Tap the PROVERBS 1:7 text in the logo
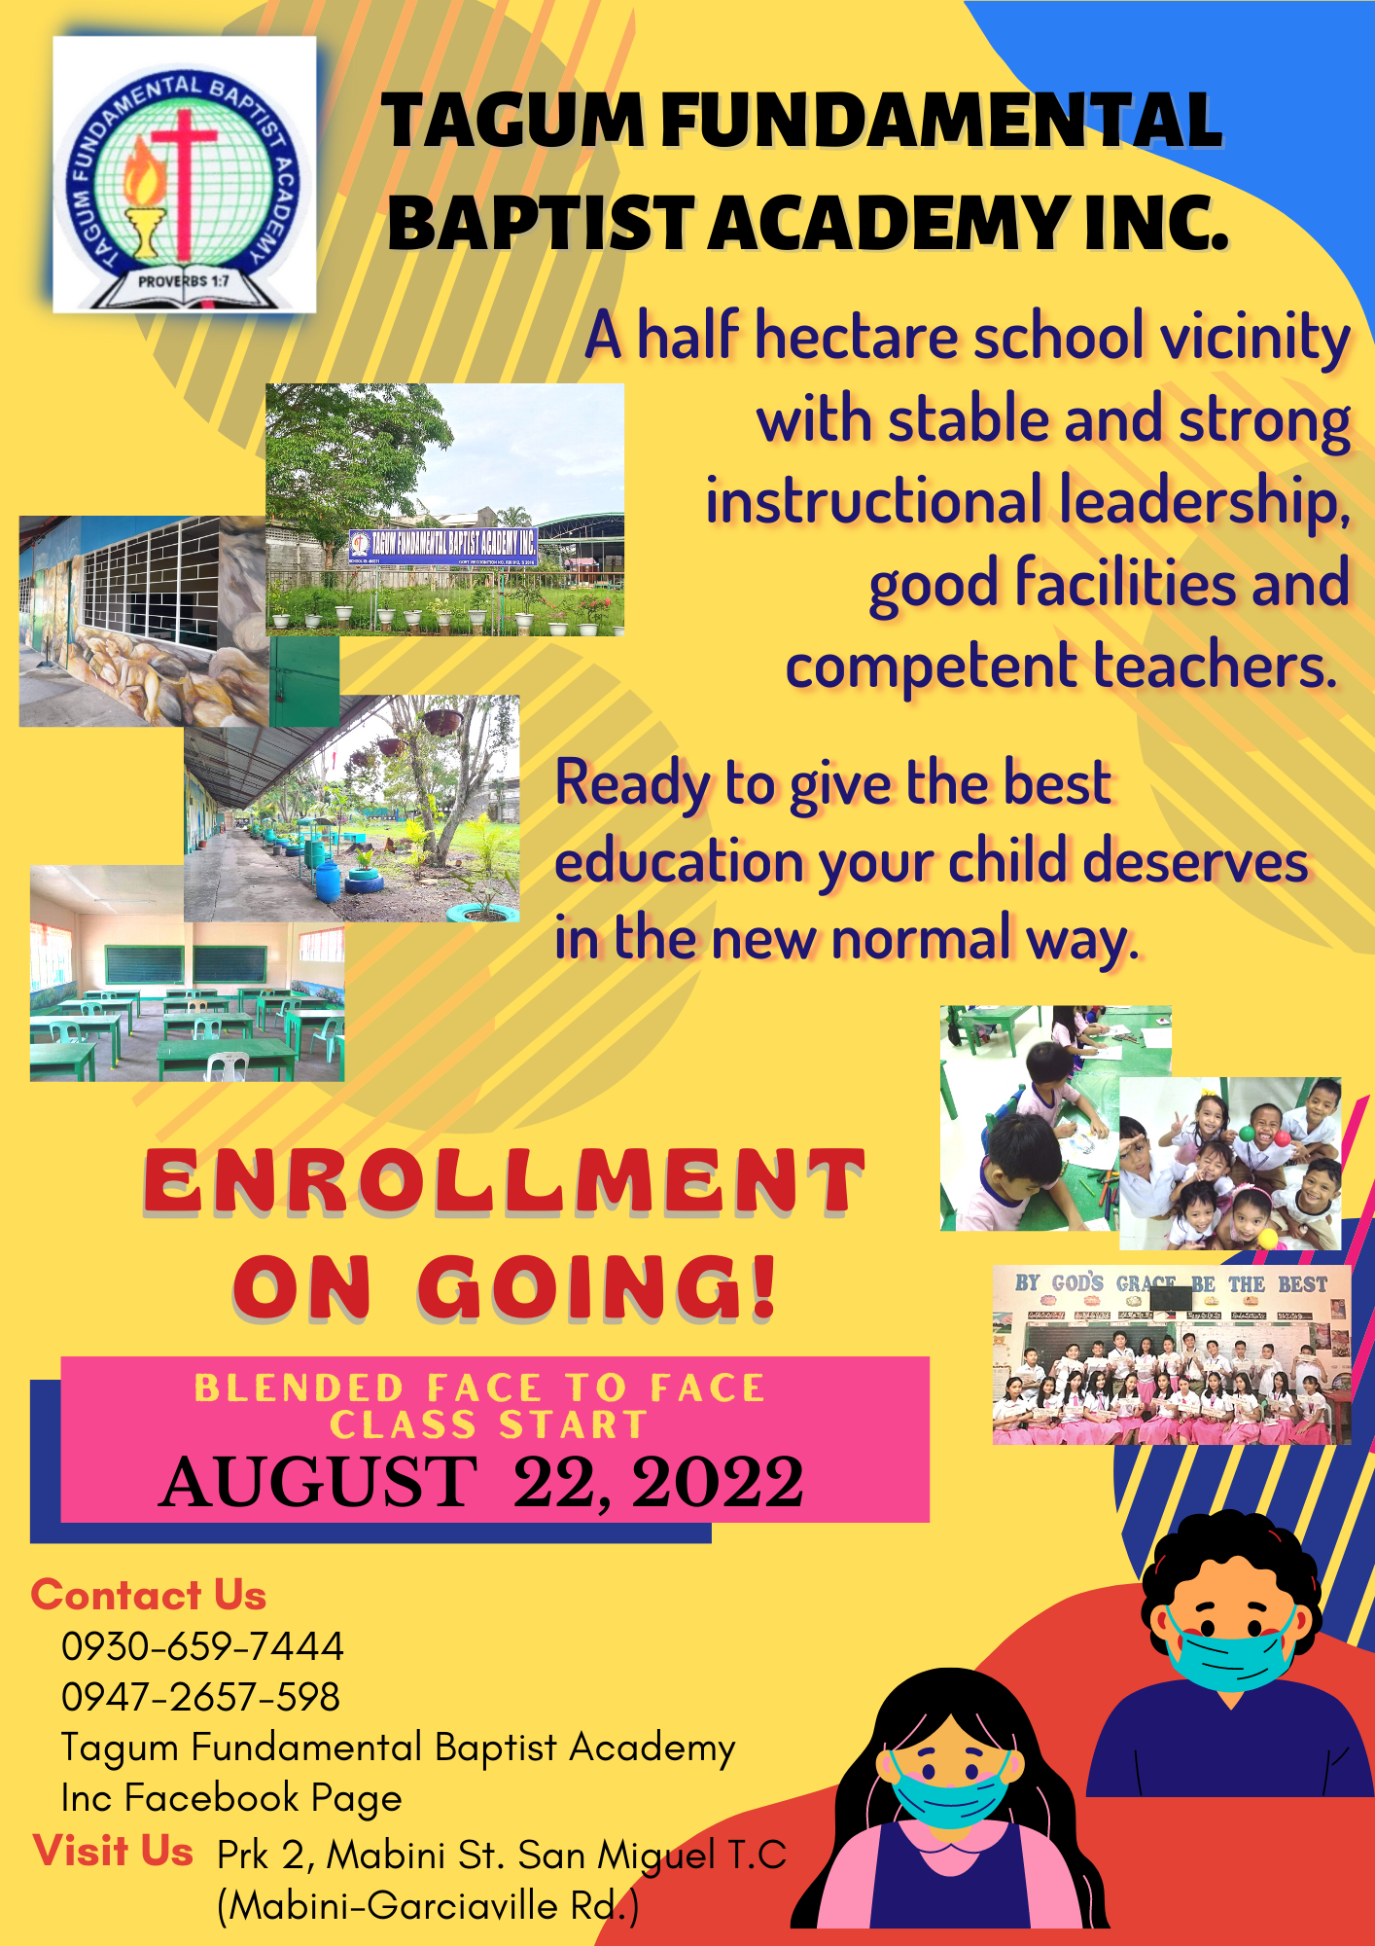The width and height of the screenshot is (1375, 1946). pyautogui.click(x=184, y=281)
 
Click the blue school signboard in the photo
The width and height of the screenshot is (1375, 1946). pyautogui.click(x=442, y=545)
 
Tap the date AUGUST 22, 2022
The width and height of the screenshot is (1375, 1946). pyautogui.click(x=482, y=1483)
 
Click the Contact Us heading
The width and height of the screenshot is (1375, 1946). pyautogui.click(x=149, y=1596)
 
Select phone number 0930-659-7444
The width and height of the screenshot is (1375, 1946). pyautogui.click(x=202, y=1646)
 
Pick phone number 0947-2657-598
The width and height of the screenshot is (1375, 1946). pyautogui.click(x=200, y=1697)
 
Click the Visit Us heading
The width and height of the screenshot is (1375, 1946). pyautogui.click(x=113, y=1851)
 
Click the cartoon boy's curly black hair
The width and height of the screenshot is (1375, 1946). pyautogui.click(x=1231, y=1567)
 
